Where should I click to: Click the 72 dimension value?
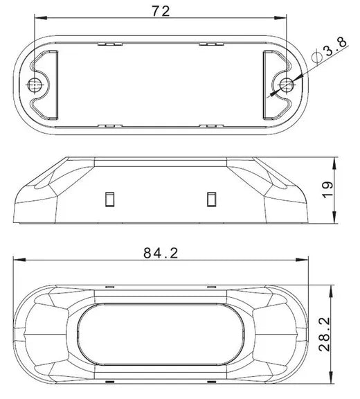(x=161, y=11)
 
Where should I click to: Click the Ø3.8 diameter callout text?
(x=330, y=50)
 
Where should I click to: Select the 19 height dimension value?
(x=328, y=190)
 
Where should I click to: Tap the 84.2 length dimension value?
(x=161, y=253)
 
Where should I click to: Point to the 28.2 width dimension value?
(x=325, y=334)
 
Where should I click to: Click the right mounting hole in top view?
(x=287, y=85)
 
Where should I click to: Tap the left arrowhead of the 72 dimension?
(x=40, y=18)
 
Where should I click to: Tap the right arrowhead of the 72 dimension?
(x=280, y=18)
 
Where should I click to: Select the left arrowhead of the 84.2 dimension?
(x=19, y=260)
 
